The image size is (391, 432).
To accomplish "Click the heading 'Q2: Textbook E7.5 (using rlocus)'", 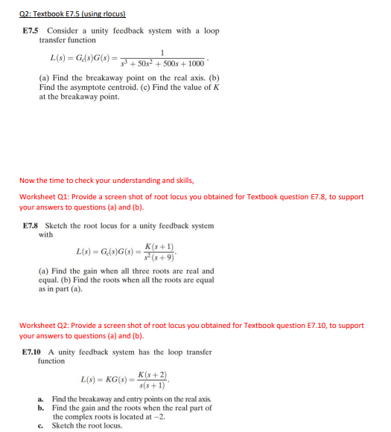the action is click(x=73, y=14).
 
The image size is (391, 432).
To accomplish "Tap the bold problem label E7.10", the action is click(x=34, y=352).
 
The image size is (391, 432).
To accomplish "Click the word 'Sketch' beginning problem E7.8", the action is click(x=57, y=225).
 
